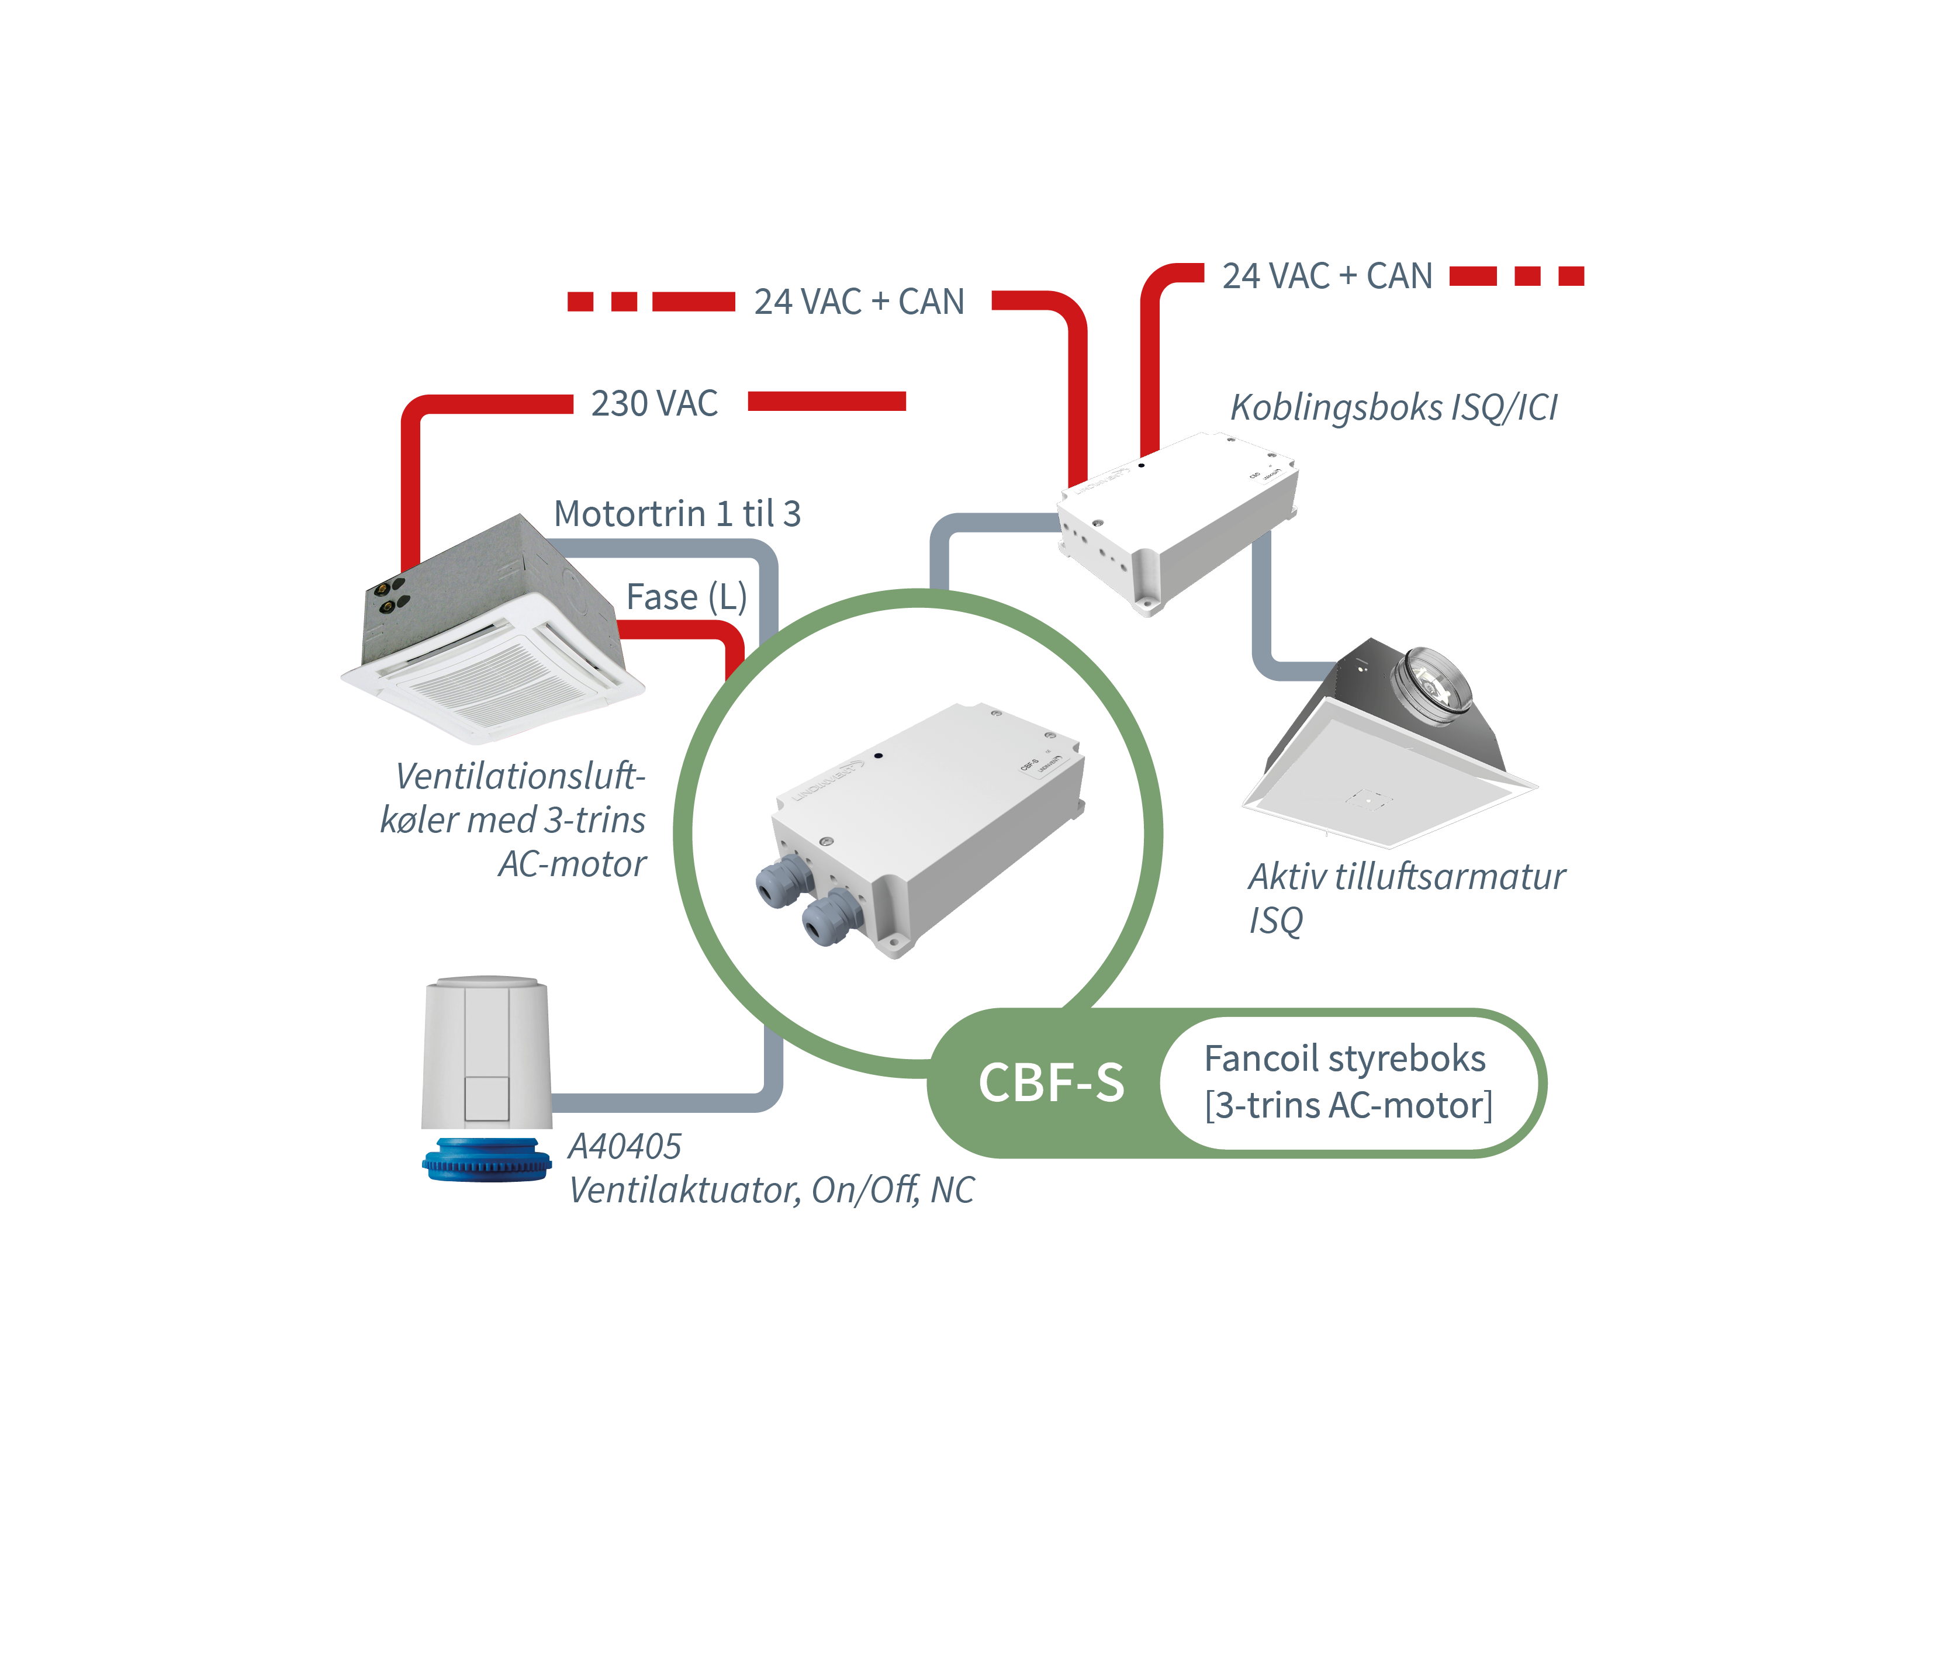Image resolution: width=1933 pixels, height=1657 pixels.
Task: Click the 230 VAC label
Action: [x=654, y=404]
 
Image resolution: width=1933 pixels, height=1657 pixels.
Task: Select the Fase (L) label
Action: [x=686, y=597]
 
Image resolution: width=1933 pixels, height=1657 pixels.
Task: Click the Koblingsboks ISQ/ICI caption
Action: [x=1393, y=408]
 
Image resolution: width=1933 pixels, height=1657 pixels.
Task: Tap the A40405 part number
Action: [x=625, y=1147]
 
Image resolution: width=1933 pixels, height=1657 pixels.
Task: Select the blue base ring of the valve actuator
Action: [x=486, y=1160]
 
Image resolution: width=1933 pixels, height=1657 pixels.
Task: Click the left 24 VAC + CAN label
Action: [x=858, y=302]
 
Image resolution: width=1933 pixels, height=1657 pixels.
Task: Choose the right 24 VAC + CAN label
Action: [x=1327, y=276]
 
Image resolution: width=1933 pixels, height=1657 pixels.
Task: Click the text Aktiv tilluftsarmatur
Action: [x=1406, y=877]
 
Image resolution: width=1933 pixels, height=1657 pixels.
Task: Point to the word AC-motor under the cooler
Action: [x=572, y=864]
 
